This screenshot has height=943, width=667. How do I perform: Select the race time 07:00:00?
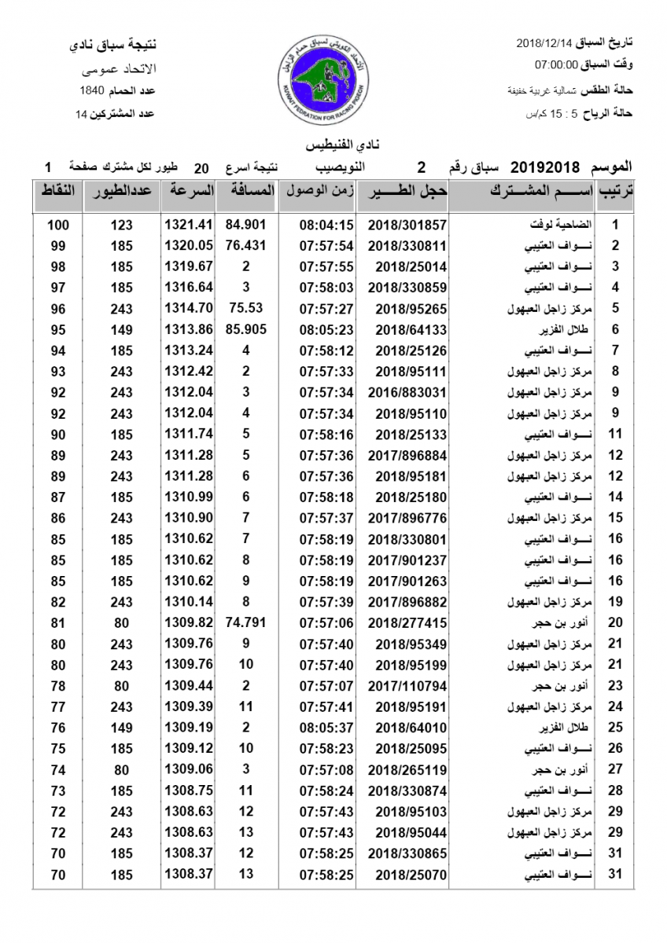(557, 64)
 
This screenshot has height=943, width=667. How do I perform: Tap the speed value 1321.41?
(189, 225)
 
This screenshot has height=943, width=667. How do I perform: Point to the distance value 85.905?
(246, 329)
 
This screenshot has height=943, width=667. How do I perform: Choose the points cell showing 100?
(58, 225)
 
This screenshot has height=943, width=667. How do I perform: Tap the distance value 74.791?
(246, 622)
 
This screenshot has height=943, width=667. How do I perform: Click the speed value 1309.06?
(189, 769)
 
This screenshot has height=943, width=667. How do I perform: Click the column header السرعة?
(189, 191)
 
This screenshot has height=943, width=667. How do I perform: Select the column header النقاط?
(58, 191)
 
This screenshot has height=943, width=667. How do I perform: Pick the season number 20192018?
(545, 167)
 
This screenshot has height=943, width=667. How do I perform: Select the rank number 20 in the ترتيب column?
(616, 622)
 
